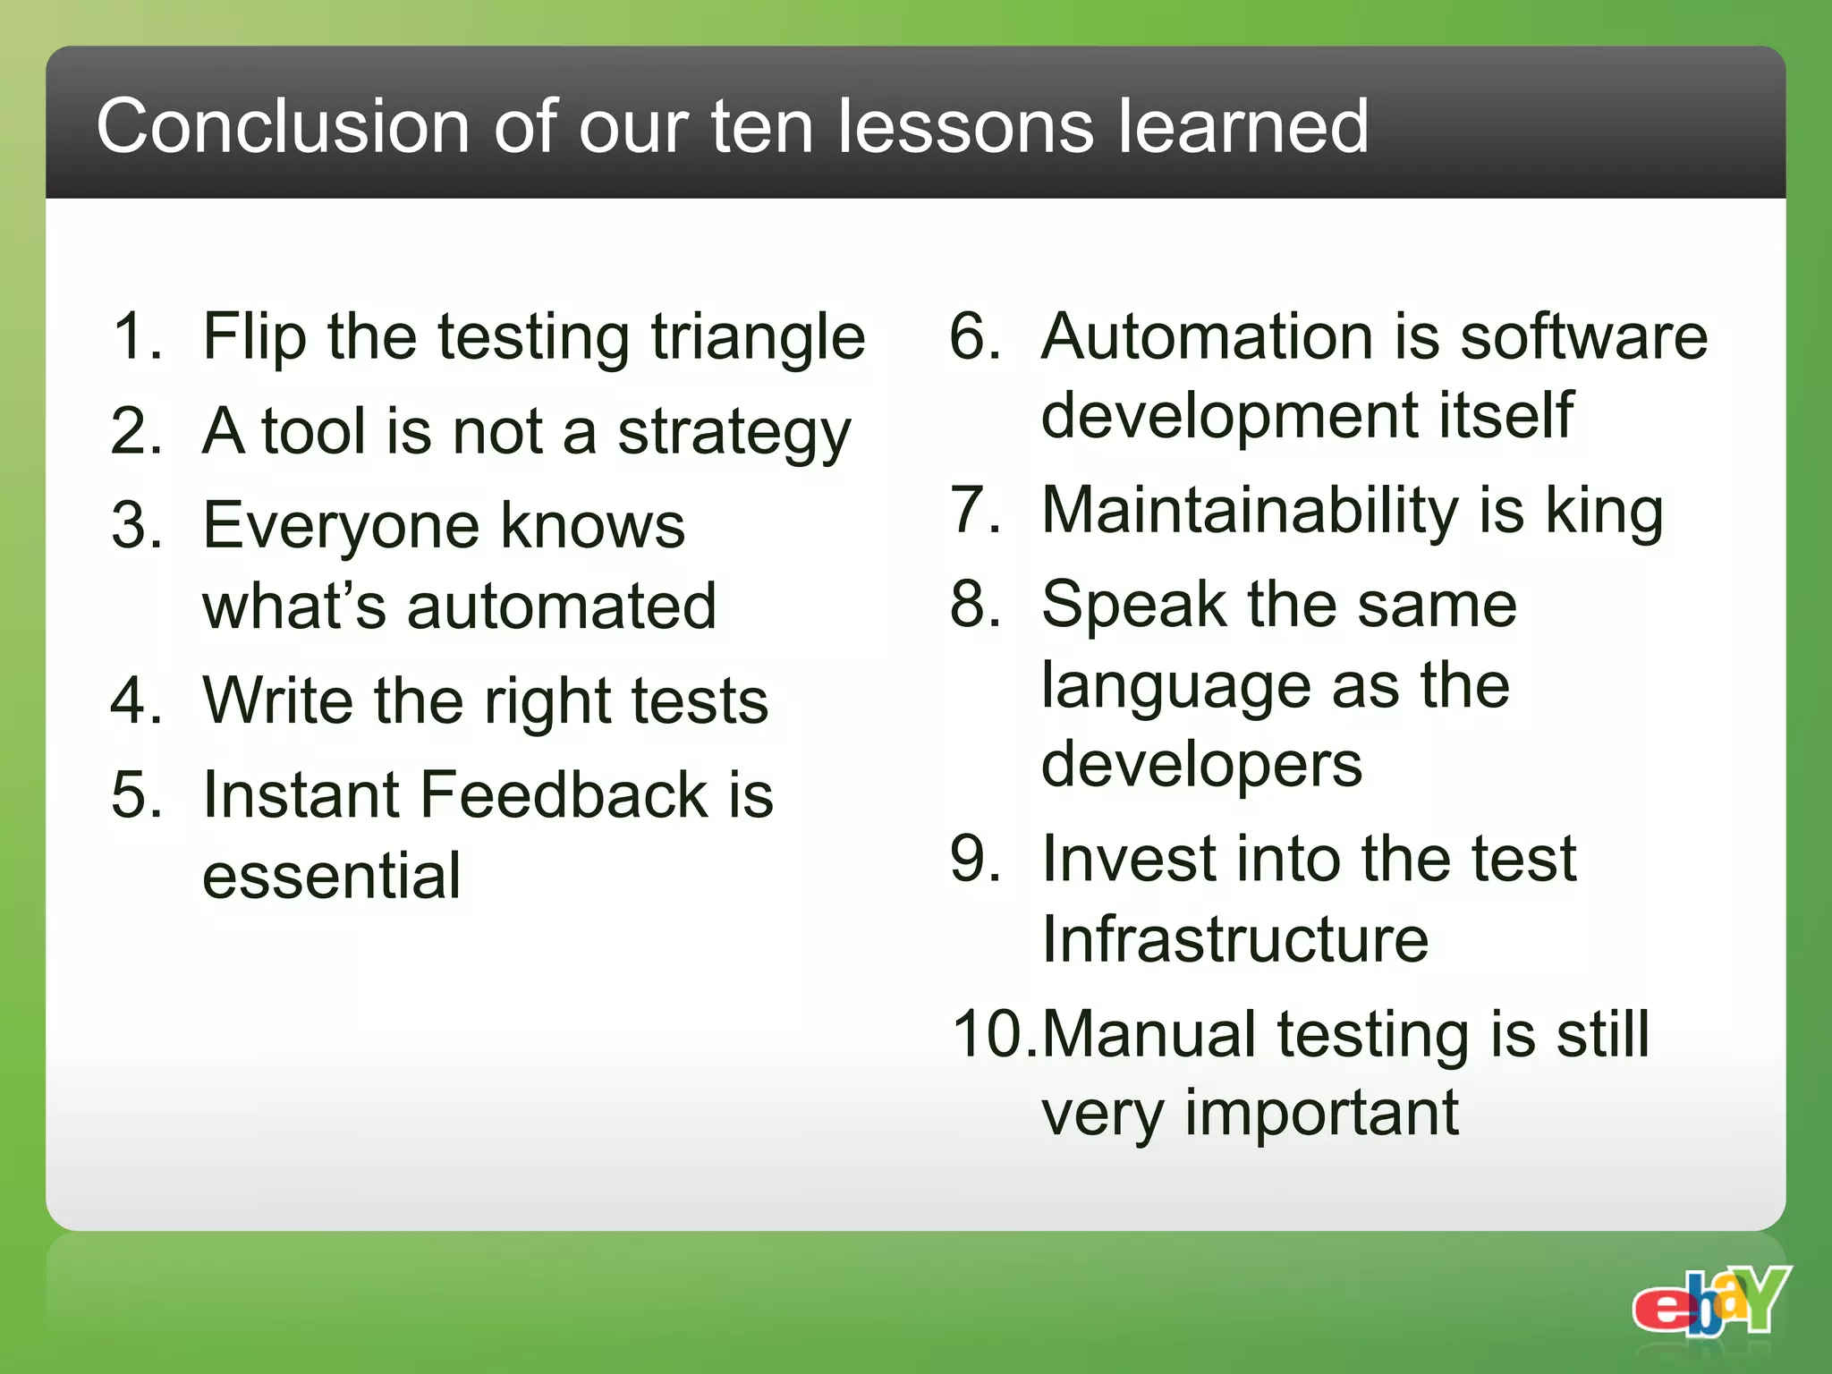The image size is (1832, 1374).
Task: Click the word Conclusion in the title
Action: coord(283,126)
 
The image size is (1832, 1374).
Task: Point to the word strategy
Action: coord(734,434)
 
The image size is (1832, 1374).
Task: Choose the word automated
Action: coord(562,606)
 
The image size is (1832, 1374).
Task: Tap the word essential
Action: coord(332,876)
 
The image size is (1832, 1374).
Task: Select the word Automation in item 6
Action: coord(1208,337)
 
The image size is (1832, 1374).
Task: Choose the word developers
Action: coord(1201,766)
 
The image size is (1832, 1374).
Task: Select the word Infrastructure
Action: coord(1235,939)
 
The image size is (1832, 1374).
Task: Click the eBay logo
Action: coord(1710,1301)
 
